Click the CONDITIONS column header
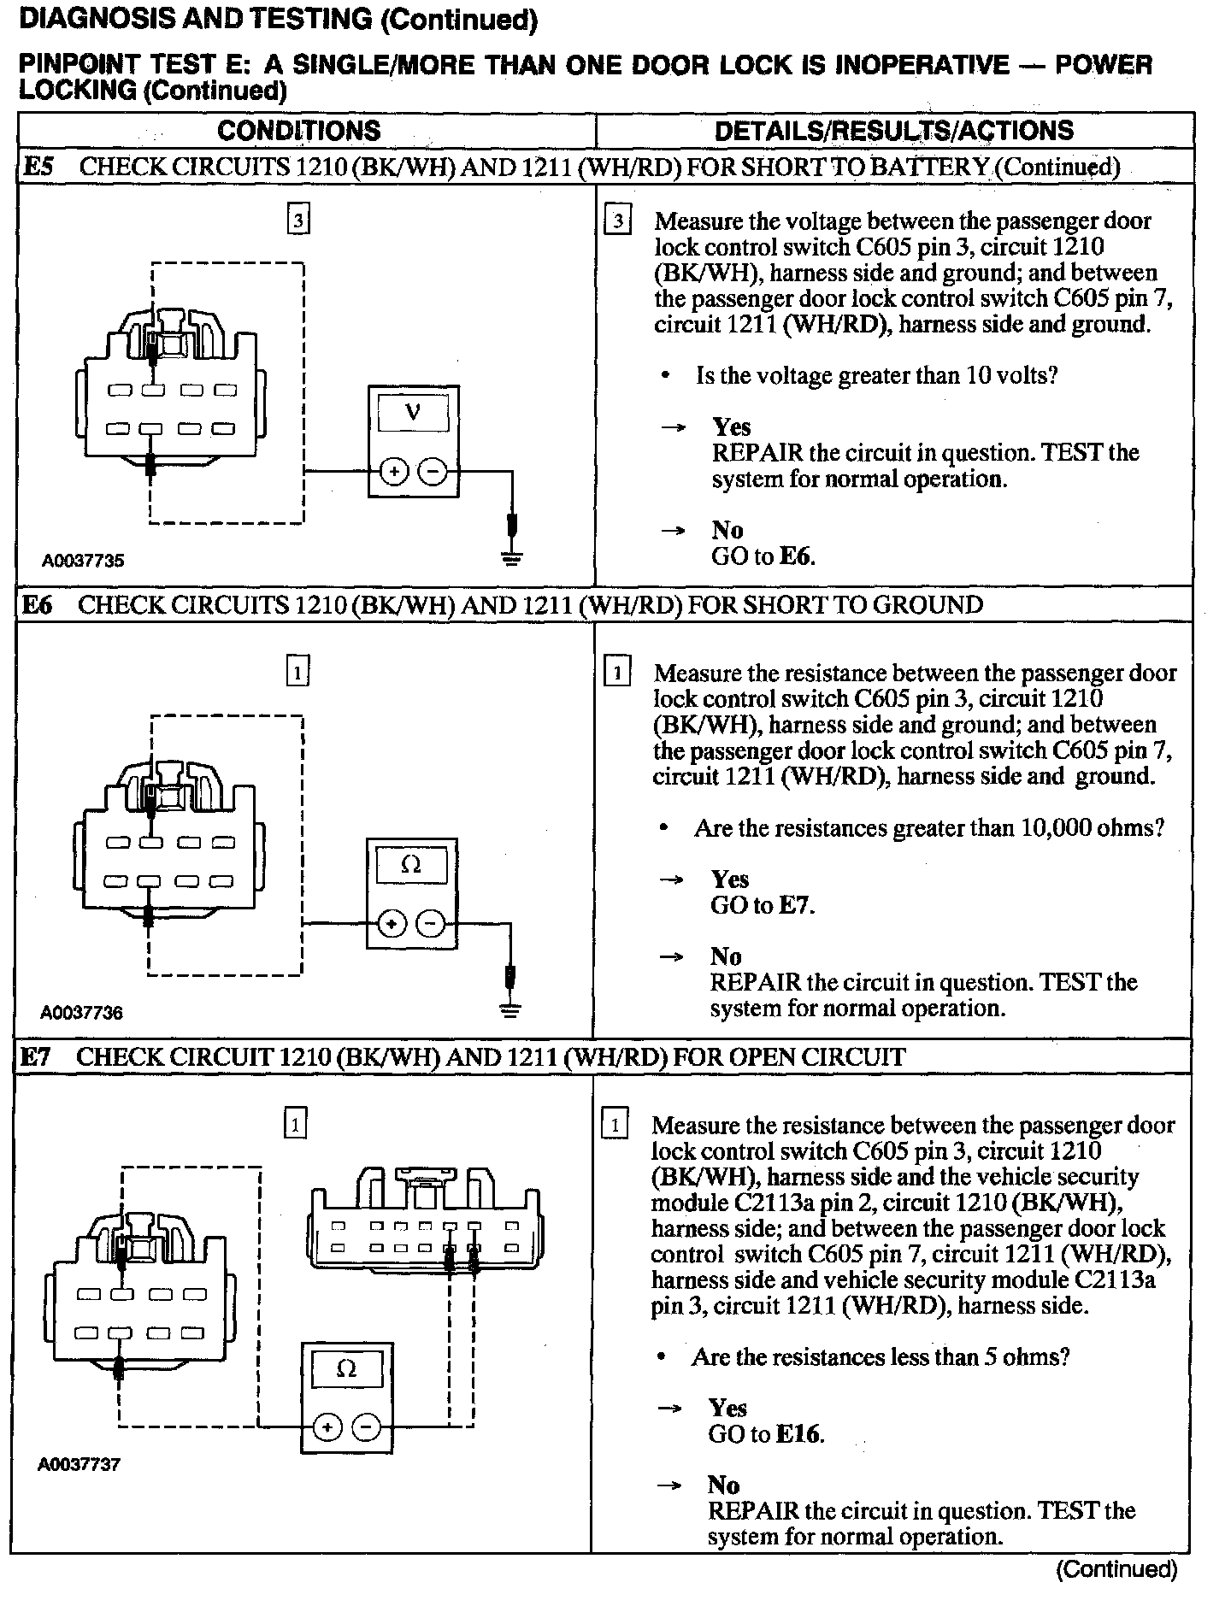(298, 131)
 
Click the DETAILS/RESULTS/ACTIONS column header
(893, 131)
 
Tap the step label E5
(38, 167)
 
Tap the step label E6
(37, 605)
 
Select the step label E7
(36, 1057)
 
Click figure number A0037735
(83, 561)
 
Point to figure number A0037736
(81, 1013)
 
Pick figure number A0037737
(79, 1464)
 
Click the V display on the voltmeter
(413, 413)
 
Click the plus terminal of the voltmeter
(393, 471)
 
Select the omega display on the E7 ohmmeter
(346, 1369)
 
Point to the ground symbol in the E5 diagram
(512, 560)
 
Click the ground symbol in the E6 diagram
(510, 1012)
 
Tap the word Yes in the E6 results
(729, 879)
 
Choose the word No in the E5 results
(727, 530)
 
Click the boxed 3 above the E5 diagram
(297, 221)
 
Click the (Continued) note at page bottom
(1116, 1569)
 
